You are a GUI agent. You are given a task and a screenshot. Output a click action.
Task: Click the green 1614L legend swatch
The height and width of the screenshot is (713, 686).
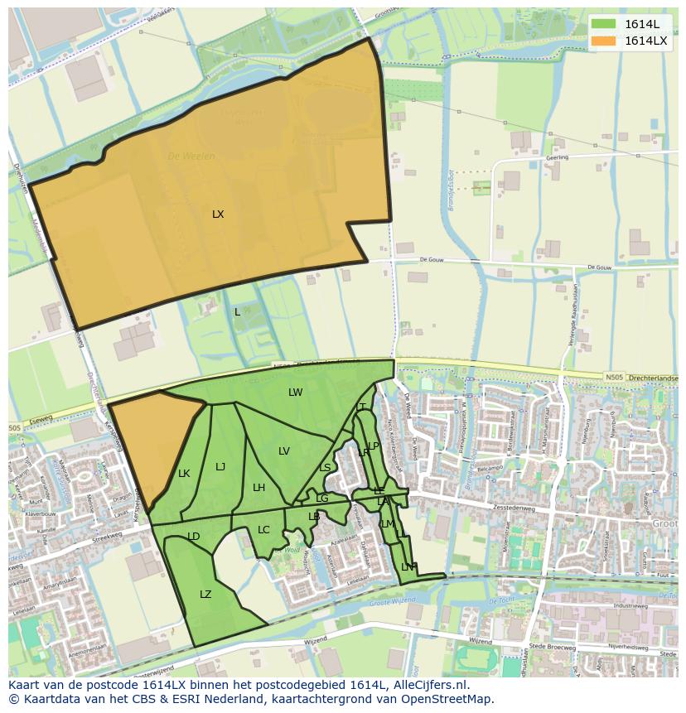pyautogui.click(x=603, y=24)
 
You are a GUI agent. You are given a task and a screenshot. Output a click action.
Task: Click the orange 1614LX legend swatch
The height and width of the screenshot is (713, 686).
pyautogui.click(x=603, y=41)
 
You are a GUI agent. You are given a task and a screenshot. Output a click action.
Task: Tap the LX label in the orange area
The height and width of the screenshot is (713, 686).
pyautogui.click(x=218, y=214)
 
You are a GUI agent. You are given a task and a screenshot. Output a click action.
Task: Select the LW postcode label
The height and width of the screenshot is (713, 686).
pyautogui.click(x=296, y=393)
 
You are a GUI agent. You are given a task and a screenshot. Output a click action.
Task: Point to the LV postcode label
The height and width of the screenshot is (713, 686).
pyautogui.click(x=284, y=451)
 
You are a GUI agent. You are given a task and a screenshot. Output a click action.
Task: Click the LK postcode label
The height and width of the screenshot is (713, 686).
pyautogui.click(x=184, y=474)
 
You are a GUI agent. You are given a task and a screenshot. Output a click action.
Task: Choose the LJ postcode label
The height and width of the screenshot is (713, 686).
pyautogui.click(x=220, y=467)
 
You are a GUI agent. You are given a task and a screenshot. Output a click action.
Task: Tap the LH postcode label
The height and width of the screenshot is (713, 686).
pyautogui.click(x=258, y=488)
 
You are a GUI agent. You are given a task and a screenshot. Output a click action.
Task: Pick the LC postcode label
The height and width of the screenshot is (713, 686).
pyautogui.click(x=263, y=530)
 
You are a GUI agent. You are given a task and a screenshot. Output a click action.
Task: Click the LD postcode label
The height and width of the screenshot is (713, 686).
pyautogui.click(x=194, y=537)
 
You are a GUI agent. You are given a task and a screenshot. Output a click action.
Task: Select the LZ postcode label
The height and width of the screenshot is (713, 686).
pyautogui.click(x=205, y=595)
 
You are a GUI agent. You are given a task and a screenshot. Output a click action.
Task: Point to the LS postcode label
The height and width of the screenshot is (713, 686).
pyautogui.click(x=325, y=468)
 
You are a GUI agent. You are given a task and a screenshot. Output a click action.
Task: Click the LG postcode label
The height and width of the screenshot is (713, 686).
pyautogui.click(x=322, y=499)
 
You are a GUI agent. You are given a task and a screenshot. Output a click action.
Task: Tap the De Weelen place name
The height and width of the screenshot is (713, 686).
pyautogui.click(x=191, y=156)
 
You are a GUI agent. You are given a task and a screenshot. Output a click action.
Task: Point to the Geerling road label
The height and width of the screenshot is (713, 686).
pyautogui.click(x=557, y=157)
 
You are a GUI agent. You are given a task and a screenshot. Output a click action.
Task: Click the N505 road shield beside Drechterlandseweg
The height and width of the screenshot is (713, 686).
pyautogui.click(x=614, y=378)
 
